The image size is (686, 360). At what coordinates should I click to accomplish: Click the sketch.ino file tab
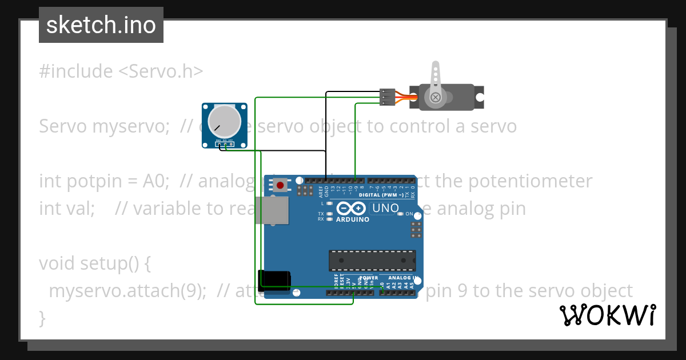[x=101, y=25]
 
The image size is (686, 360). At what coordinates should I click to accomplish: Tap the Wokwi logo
[x=607, y=315]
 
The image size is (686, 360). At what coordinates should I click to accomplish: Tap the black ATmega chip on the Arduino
[x=372, y=260]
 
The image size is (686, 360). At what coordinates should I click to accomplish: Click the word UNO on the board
[x=385, y=208]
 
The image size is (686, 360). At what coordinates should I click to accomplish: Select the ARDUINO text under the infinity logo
[x=352, y=219]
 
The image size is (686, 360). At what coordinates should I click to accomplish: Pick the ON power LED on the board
[x=401, y=214]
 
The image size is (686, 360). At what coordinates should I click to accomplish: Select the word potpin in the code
[x=93, y=181]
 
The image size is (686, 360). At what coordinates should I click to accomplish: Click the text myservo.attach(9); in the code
[x=127, y=291]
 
